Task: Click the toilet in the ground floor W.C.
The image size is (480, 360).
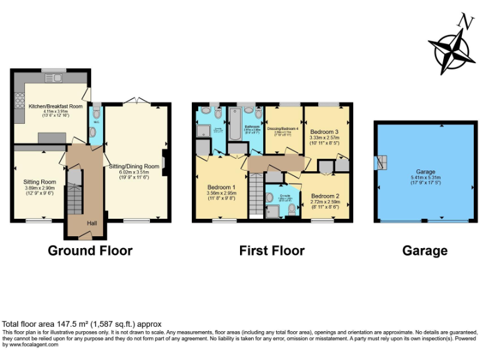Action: coord(94,132)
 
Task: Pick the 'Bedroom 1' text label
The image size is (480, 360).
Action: coord(221,186)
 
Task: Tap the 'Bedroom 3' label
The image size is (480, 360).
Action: coord(325,132)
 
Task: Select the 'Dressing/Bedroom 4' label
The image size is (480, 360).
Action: coord(282,128)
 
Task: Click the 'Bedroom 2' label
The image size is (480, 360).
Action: coord(325,196)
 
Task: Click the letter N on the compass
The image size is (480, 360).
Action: coord(464,22)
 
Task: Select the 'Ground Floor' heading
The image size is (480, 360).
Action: coord(91,251)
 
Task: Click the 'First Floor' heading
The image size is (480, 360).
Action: coord(272,251)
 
